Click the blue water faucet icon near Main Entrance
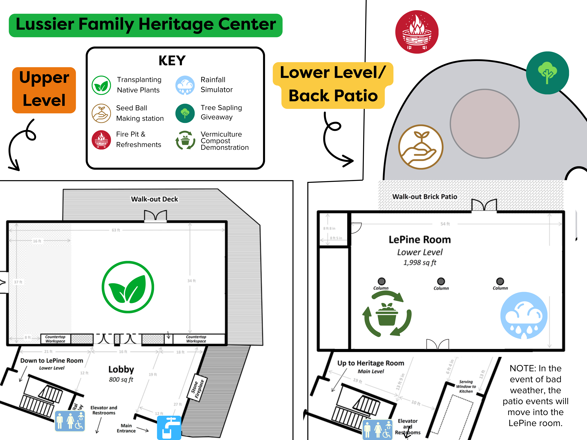point(169,428)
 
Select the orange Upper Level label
point(44,90)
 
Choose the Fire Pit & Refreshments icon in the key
point(101,140)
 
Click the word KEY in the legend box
point(172,61)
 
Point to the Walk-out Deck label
point(154,199)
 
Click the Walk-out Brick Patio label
point(425,197)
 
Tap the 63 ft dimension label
point(116,230)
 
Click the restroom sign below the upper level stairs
point(70,421)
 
